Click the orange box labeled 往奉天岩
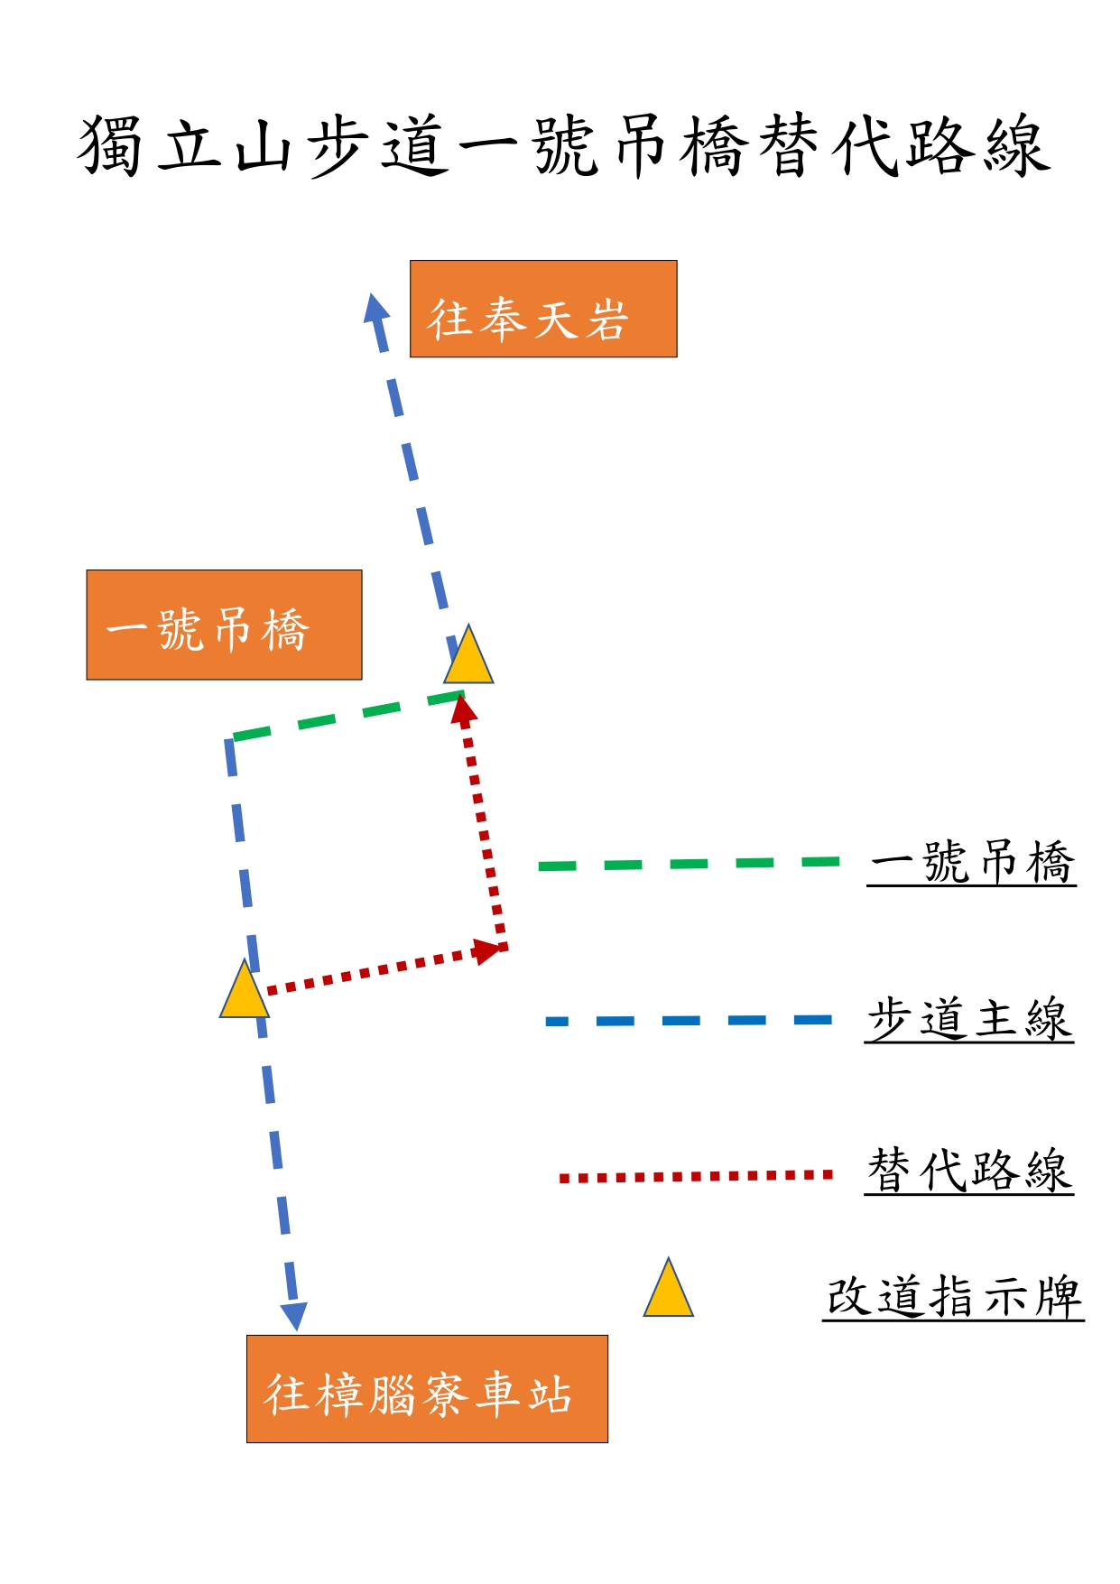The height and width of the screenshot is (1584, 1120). [543, 309]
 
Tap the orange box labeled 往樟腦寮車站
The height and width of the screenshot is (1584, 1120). [427, 1388]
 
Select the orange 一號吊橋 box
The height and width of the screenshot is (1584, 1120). [224, 625]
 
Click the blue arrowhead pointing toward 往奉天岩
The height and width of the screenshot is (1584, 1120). [375, 310]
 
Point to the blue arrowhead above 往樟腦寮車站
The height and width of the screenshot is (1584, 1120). [294, 1316]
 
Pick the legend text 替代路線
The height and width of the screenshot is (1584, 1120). [969, 1170]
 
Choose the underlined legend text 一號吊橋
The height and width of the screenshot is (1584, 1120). [972, 861]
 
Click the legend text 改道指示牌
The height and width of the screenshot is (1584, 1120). [954, 1296]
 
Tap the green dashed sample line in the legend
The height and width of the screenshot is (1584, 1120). [689, 864]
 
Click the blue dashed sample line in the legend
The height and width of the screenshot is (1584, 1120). [689, 1021]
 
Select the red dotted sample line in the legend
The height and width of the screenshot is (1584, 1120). [695, 1176]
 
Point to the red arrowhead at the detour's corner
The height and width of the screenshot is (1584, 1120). [488, 951]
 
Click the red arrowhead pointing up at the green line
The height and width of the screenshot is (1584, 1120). [464, 710]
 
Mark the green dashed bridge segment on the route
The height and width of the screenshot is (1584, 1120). [347, 717]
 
